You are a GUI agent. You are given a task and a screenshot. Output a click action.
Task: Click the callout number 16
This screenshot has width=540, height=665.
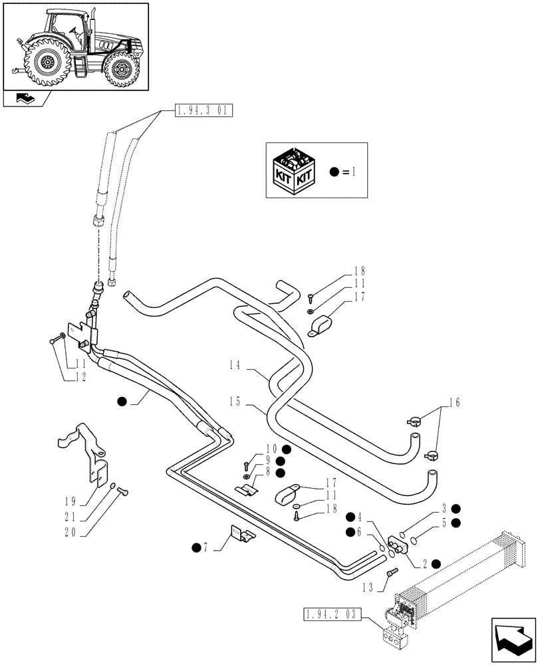click(454, 402)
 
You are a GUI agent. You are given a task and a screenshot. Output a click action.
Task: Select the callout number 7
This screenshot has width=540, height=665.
click(207, 547)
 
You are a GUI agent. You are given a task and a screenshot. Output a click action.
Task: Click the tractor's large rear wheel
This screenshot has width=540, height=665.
click(46, 63)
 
